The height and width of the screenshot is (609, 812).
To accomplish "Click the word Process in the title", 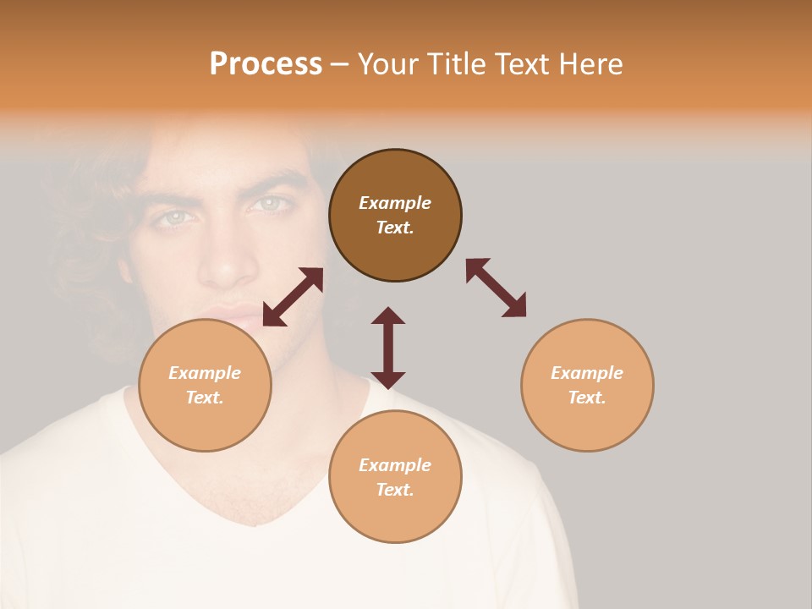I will pyautogui.click(x=266, y=64).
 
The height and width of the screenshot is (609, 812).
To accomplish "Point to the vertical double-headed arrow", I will pyautogui.click(x=388, y=348).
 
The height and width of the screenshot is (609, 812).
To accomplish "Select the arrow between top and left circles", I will pyautogui.click(x=293, y=297).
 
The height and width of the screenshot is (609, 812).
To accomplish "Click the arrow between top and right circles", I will pyautogui.click(x=496, y=288).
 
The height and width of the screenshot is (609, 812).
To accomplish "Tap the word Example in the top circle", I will pyautogui.click(x=395, y=203).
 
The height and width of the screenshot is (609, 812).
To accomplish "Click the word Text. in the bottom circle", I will pyautogui.click(x=395, y=490).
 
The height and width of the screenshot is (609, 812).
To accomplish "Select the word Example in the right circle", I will pyautogui.click(x=587, y=373).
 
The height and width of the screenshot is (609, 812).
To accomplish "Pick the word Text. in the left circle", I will pyautogui.click(x=205, y=398).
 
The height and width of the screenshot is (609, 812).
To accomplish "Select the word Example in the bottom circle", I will pyautogui.click(x=395, y=465).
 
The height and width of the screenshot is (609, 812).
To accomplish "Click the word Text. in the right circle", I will pyautogui.click(x=587, y=398).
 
